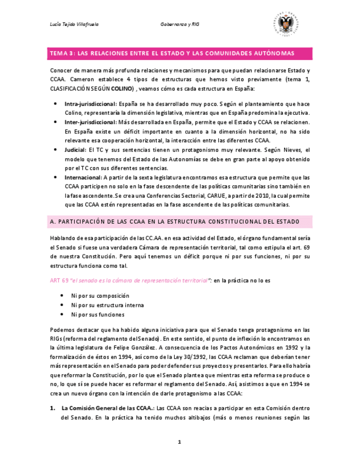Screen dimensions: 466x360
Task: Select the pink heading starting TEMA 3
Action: coord(172,53)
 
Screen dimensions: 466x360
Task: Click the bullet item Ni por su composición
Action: coord(100,295)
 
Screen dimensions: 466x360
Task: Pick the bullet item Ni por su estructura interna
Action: coord(107,305)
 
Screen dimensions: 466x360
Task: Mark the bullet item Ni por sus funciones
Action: coord(97,314)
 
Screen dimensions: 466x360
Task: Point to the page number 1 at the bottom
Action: coord(179,442)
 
